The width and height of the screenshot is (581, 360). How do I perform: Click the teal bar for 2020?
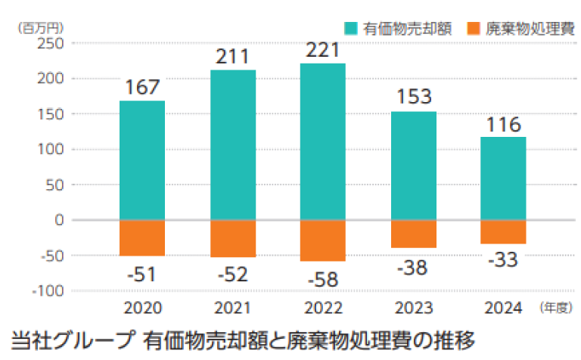[142, 160]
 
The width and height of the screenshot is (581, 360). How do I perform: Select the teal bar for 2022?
[323, 141]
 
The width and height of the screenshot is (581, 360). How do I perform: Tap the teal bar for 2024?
[503, 178]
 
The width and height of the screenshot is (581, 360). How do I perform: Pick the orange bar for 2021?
[233, 238]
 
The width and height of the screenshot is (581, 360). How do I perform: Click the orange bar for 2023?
[413, 234]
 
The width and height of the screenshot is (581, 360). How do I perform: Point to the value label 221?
[323, 50]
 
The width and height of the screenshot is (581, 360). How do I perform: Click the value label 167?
[142, 87]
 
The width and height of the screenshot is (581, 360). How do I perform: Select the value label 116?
[503, 123]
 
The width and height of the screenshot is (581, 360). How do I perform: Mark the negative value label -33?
[503, 261]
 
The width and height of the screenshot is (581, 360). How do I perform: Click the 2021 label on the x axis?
[233, 309]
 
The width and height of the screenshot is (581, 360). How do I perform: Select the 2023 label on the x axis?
[413, 309]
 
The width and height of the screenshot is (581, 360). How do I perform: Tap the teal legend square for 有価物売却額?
[351, 29]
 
